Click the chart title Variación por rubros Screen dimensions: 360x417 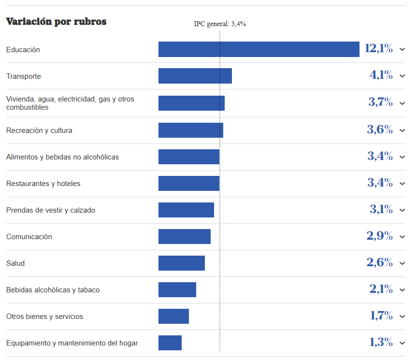click(x=56, y=22)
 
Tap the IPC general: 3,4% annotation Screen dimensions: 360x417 click(x=220, y=24)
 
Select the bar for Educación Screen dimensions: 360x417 click(x=259, y=49)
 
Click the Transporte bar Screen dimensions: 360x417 click(x=195, y=76)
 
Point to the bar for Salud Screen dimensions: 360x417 click(x=182, y=263)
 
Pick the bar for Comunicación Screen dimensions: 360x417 click(x=185, y=237)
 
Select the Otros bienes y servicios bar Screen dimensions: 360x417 click(x=173, y=317)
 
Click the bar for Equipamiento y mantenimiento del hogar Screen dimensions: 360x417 click(x=170, y=343)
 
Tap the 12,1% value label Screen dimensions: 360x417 click(x=379, y=48)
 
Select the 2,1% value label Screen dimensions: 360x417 click(x=381, y=289)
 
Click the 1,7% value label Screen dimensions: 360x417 click(x=381, y=316)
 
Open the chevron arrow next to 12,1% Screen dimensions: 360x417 click(x=402, y=49)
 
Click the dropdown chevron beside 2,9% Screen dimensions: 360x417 click(x=402, y=237)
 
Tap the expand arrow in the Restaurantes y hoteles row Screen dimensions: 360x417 click(x=402, y=184)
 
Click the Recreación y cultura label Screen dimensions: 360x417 click(x=39, y=130)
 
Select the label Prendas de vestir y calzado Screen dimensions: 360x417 click(x=51, y=210)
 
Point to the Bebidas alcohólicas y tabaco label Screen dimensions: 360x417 click(x=53, y=290)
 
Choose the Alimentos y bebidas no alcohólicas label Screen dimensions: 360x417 click(x=62, y=157)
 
